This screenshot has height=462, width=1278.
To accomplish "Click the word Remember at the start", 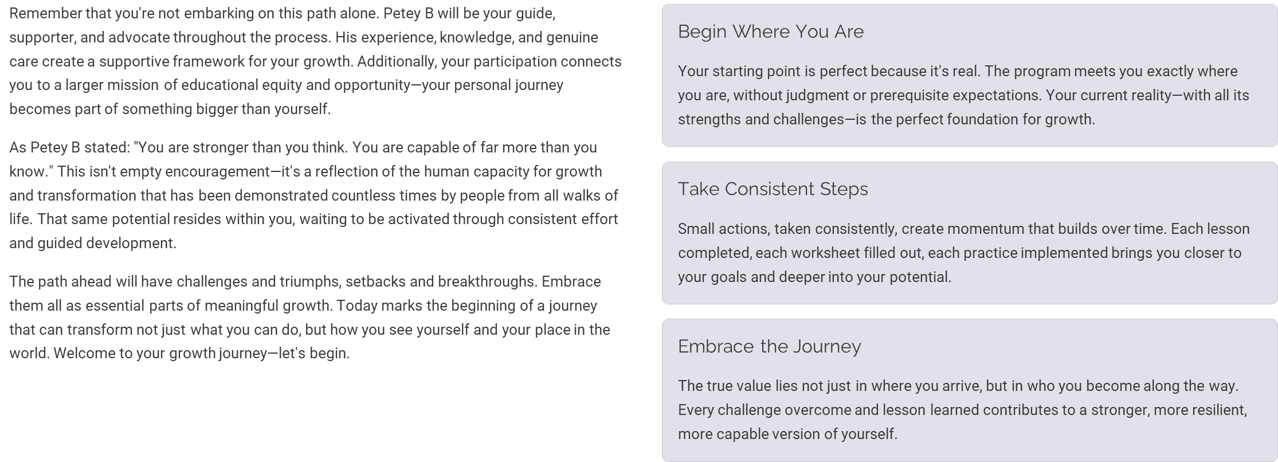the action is point(46,14).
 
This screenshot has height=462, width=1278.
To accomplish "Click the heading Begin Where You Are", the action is point(771,32).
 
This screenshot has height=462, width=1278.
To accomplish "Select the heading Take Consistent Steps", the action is point(773,189).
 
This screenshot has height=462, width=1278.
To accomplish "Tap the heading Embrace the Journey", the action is point(770,347).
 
